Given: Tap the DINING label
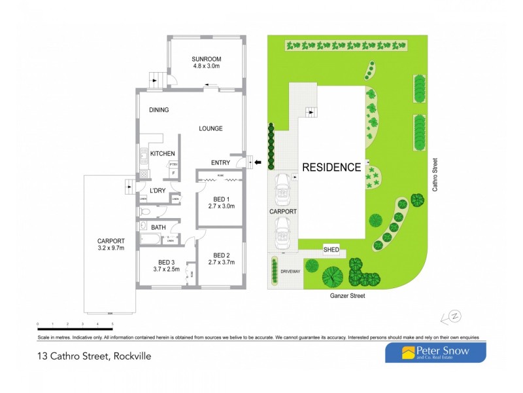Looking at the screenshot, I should click(159, 110).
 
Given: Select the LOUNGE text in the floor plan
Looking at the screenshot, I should click(211, 128).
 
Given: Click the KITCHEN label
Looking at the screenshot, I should click(163, 153).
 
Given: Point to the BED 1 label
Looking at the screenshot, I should click(221, 199).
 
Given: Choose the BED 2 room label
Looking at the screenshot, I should click(221, 255).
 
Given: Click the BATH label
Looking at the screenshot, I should click(158, 227).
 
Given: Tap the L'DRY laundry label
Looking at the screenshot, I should click(157, 191).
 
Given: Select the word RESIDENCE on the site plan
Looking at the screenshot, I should click(331, 167).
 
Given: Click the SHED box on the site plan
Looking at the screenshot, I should click(331, 250).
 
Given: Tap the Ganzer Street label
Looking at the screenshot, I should click(348, 296).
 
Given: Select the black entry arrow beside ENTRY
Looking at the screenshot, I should click(258, 162).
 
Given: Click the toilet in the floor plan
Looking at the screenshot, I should click(145, 212).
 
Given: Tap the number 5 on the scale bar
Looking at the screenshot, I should click(112, 324).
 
